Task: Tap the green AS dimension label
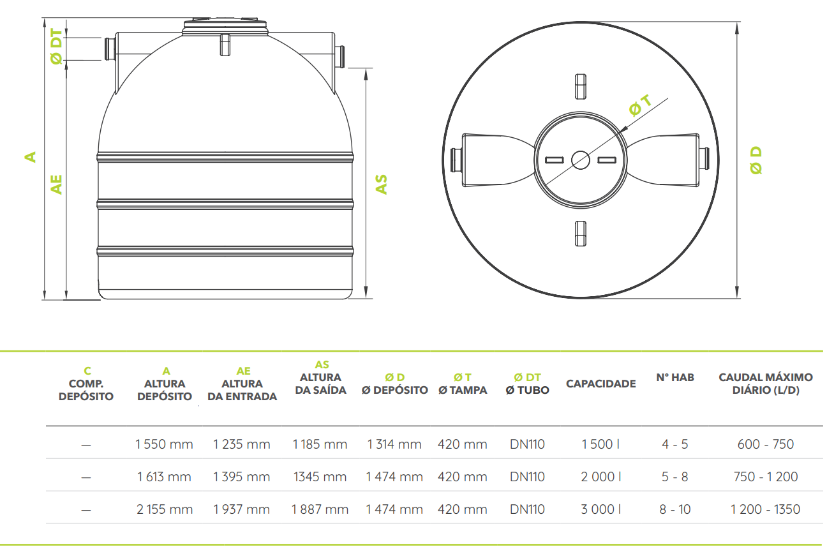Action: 381,184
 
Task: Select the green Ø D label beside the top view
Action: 756,160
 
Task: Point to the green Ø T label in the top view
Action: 640,105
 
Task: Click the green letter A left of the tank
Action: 30,156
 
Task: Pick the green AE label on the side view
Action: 57,184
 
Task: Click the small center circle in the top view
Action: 581,160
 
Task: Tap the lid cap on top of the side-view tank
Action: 225,27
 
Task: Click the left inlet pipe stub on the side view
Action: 110,49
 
